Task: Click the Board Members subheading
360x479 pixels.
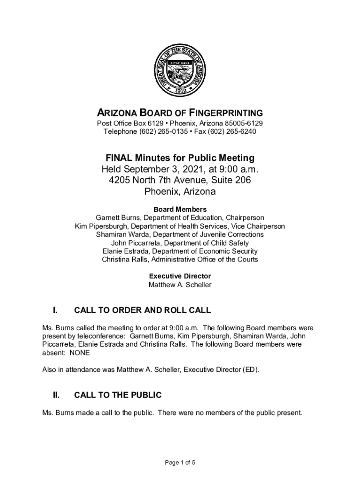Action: click(x=180, y=209)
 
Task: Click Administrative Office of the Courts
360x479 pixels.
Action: click(x=209, y=260)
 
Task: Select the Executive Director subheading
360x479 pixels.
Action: click(x=180, y=276)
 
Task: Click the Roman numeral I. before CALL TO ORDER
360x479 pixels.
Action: click(x=55, y=310)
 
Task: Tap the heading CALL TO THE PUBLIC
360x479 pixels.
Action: click(x=118, y=395)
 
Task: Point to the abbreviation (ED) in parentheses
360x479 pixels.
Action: click(x=250, y=370)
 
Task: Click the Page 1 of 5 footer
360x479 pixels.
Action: click(x=180, y=463)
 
